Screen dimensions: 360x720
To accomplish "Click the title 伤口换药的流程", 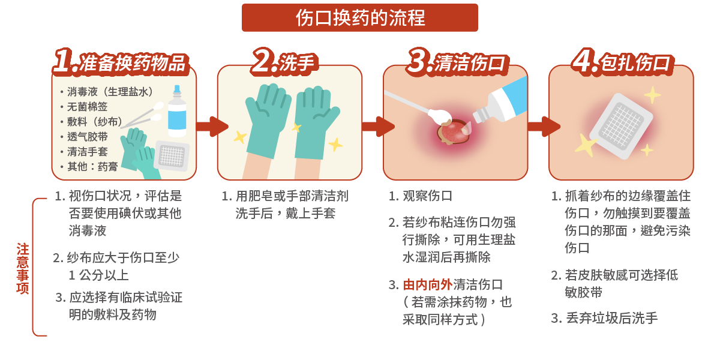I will (x=360, y=17).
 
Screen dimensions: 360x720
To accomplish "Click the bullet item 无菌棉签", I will (x=88, y=107).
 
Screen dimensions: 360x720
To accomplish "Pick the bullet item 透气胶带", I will (x=88, y=137).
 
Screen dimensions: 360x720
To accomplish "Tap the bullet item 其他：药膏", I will (x=92, y=167).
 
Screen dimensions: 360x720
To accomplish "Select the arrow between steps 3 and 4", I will (x=542, y=127).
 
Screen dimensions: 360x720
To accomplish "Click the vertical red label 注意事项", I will (x=23, y=268).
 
